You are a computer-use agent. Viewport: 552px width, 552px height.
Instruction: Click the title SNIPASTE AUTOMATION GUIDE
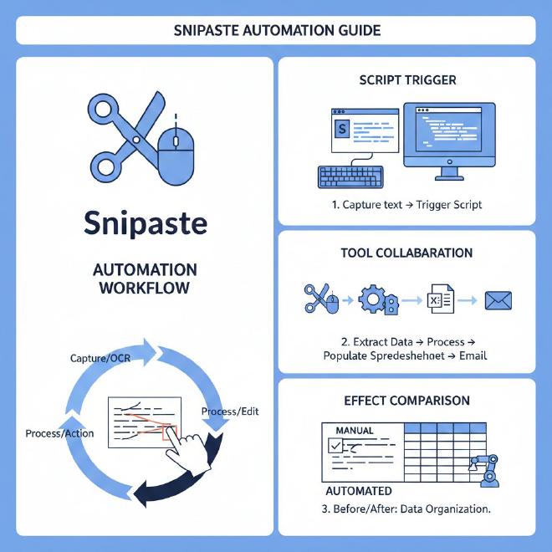[276, 30]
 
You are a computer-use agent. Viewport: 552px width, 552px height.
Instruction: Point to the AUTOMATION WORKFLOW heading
[146, 279]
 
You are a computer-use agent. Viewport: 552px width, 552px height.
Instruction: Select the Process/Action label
[59, 433]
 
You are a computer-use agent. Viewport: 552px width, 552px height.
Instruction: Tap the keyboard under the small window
[350, 176]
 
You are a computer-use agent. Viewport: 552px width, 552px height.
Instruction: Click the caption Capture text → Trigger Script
[406, 205]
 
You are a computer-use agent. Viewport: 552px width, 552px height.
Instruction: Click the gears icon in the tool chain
[374, 298]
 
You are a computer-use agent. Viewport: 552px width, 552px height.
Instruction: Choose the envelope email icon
[498, 299]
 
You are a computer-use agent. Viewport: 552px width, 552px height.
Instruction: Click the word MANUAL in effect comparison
[354, 430]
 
